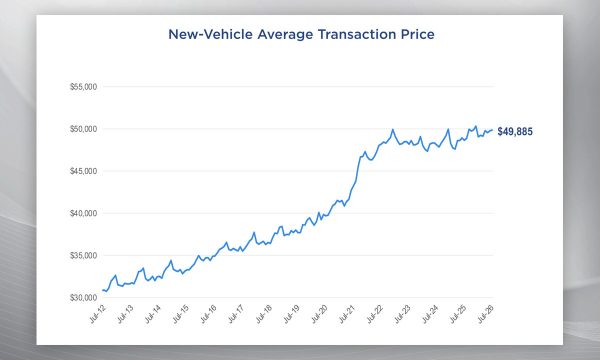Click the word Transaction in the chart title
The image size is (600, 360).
coord(357,34)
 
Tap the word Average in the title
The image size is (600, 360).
coord(285,34)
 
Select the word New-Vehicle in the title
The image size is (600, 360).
coord(210,34)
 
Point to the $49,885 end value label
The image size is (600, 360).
coord(515,132)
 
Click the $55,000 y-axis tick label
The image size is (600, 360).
coord(83,87)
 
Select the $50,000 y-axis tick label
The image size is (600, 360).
coord(83,129)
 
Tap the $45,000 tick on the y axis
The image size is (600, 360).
coord(83,171)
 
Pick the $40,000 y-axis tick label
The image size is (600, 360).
coord(83,213)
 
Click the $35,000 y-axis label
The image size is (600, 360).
coord(83,255)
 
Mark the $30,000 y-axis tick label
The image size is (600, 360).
coord(83,297)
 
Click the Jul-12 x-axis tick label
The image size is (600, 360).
coord(97,314)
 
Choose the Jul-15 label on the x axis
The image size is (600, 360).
coord(181,314)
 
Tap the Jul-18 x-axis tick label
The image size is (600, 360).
coord(264,314)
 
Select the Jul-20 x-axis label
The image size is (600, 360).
coord(319,314)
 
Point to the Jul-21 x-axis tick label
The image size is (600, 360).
coord(347,314)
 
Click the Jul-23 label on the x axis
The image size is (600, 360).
coord(403,314)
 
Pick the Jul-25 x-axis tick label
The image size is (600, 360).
coord(458,314)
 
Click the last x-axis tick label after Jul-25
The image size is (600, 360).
coord(486,314)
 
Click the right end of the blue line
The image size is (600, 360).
coord(492,130)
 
